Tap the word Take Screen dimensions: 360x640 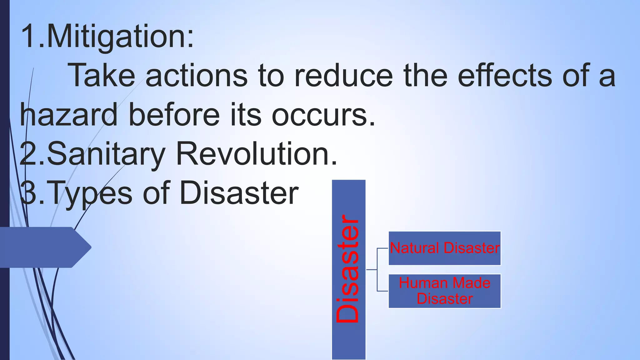click(102, 76)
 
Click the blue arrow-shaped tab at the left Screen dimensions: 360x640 click(44, 247)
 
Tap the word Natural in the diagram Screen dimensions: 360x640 click(415, 248)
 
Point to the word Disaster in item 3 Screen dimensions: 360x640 click(239, 193)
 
